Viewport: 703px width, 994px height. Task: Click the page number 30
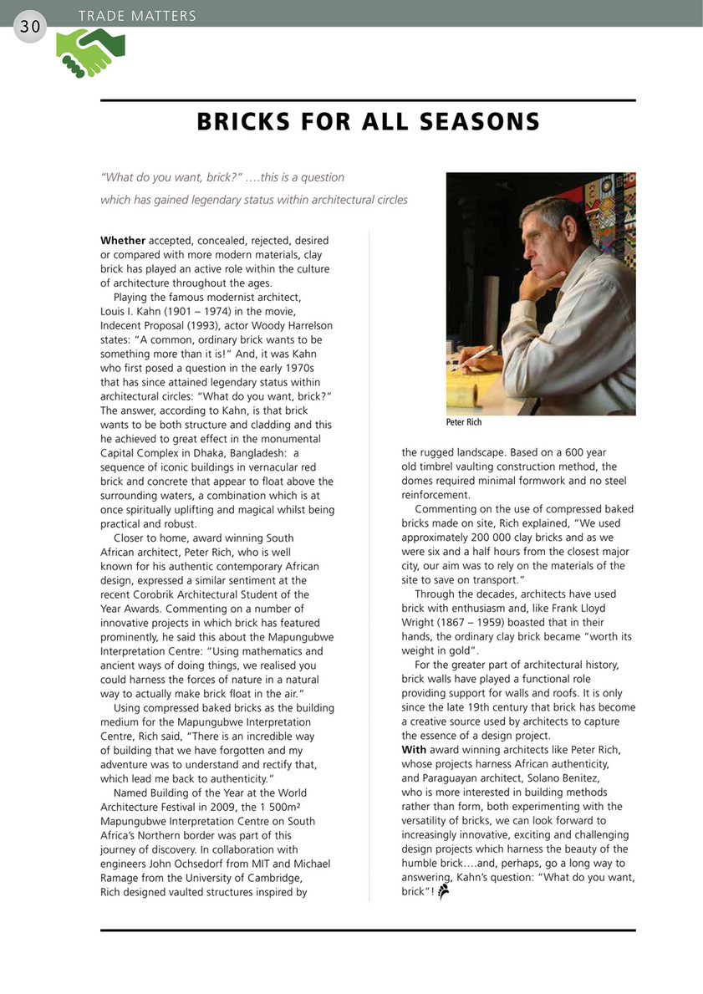(30, 27)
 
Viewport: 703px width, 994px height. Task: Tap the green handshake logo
(90, 53)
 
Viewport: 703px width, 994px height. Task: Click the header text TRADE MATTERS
(137, 16)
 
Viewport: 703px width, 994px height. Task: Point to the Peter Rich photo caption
(464, 423)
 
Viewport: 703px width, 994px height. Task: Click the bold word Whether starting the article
(123, 242)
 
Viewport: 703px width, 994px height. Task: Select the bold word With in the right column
(414, 750)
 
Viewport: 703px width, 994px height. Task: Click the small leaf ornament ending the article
(444, 892)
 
